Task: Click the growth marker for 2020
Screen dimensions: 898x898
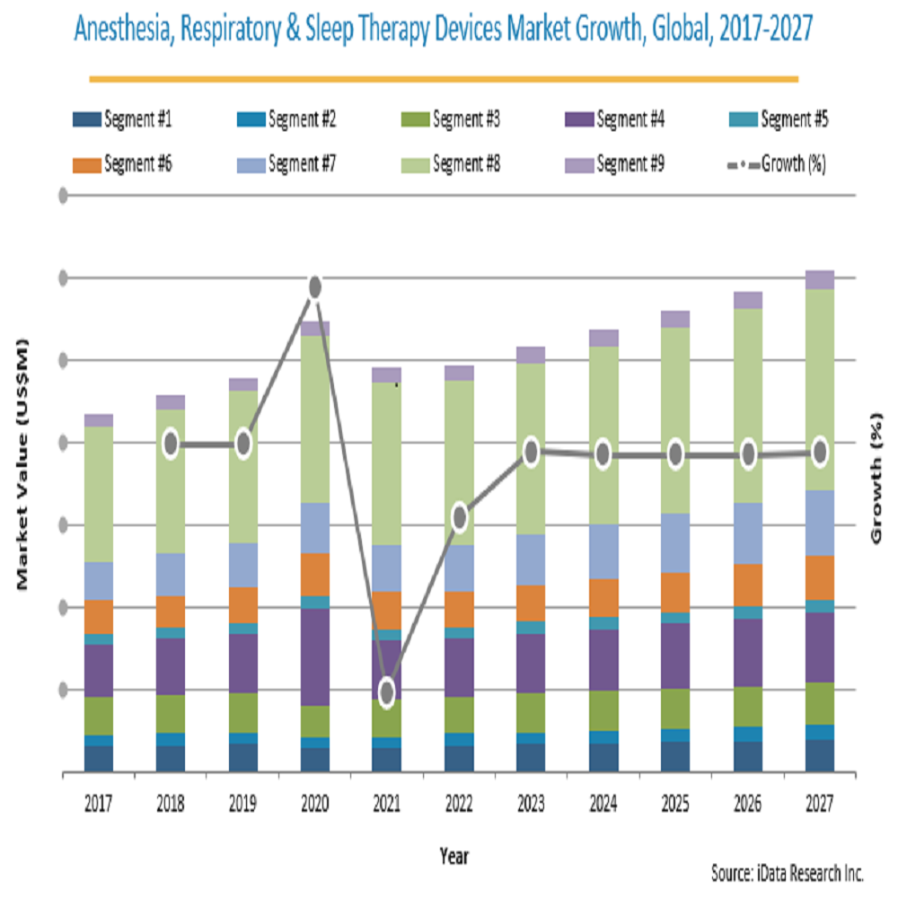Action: pos(315,287)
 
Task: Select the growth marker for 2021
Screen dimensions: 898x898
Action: pos(387,692)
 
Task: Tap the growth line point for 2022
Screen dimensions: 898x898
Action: pos(460,516)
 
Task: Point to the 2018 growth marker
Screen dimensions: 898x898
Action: pos(171,444)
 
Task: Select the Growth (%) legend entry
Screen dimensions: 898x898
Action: pos(777,164)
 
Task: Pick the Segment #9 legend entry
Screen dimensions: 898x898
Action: pos(614,164)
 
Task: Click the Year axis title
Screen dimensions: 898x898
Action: pos(454,856)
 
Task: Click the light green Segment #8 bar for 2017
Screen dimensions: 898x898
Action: pos(99,494)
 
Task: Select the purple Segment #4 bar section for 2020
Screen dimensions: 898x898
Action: pos(315,656)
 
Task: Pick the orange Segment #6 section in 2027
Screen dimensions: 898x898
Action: pos(819,577)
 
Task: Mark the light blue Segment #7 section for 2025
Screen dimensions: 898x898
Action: pos(675,542)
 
